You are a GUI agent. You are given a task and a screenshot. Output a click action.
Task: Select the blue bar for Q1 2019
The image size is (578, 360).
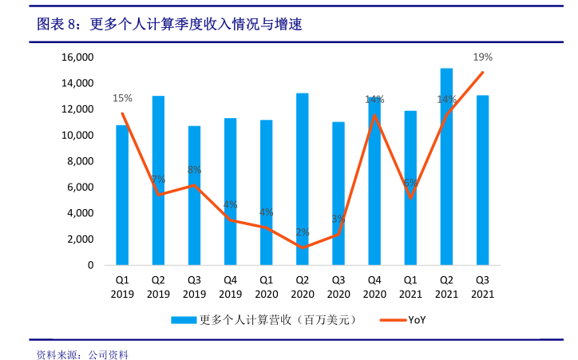[122, 195]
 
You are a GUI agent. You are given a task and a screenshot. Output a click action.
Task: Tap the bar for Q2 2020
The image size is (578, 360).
[302, 179]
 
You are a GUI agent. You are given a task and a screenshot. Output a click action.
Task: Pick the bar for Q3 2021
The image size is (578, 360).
[482, 180]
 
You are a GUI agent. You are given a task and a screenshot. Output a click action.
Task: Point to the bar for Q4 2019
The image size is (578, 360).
[230, 192]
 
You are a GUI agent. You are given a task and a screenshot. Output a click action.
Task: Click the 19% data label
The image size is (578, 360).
[482, 57]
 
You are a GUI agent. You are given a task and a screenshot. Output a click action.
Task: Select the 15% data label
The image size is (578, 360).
[122, 98]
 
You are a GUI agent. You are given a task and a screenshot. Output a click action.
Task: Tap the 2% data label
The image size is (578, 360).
[302, 232]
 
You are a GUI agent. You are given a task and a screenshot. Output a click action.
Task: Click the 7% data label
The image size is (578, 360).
[158, 179]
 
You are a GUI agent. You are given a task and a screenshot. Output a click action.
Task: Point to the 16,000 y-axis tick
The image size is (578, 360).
[79, 57]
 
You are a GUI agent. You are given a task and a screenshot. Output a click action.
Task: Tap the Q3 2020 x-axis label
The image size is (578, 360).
[338, 287]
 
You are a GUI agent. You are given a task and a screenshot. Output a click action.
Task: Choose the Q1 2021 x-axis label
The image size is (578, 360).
[410, 287]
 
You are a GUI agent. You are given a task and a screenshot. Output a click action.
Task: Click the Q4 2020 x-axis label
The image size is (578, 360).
[374, 287]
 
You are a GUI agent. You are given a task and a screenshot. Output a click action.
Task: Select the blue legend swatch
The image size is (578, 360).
[184, 320]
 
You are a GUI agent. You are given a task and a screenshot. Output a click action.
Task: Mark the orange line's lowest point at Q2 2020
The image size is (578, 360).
[302, 247]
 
